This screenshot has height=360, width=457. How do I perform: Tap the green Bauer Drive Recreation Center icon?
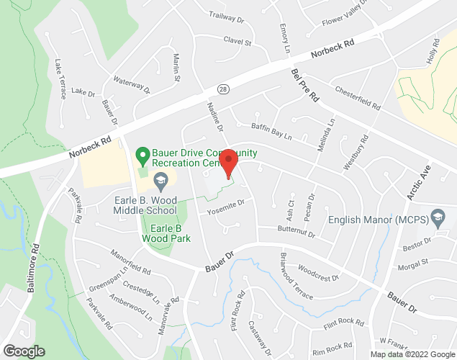pyautogui.click(x=143, y=154)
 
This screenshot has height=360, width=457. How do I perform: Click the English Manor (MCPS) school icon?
pyautogui.click(x=437, y=216)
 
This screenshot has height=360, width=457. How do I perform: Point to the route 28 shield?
pyautogui.click(x=224, y=89)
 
